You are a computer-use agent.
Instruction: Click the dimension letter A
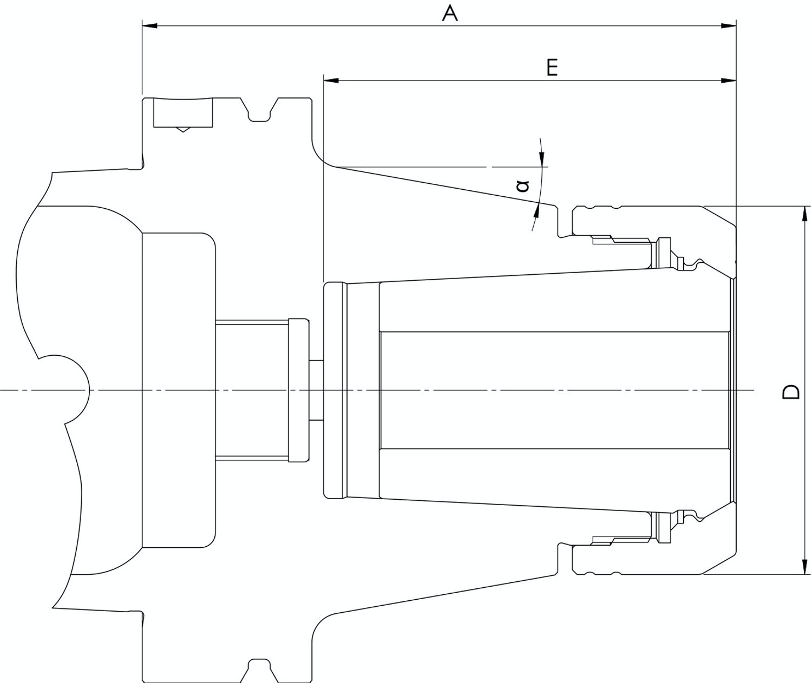pyautogui.click(x=450, y=13)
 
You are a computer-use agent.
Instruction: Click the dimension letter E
pyautogui.click(x=552, y=68)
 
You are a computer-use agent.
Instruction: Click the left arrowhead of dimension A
pyautogui.click(x=150, y=25)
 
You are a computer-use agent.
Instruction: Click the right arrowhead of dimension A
pyautogui.click(x=729, y=25)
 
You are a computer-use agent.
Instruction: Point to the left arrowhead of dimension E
pyautogui.click(x=331, y=81)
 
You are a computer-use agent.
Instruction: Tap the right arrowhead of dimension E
pyautogui.click(x=729, y=81)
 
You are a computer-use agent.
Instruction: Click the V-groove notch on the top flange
pyautogui.click(x=259, y=111)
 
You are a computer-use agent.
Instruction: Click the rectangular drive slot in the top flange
pyautogui.click(x=183, y=113)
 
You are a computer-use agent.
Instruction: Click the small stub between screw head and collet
pyautogui.click(x=316, y=390)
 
